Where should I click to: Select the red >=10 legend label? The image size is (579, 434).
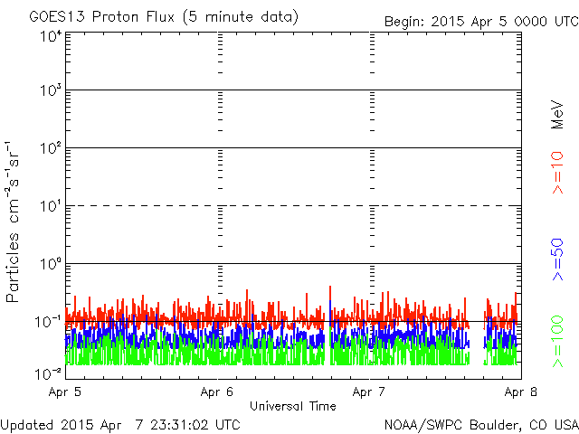click(x=557, y=173)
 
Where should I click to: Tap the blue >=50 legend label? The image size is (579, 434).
click(x=557, y=259)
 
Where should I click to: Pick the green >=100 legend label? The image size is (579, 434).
click(x=557, y=342)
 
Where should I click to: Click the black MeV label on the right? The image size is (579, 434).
click(x=557, y=115)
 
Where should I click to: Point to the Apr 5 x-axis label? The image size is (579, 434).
click(x=64, y=392)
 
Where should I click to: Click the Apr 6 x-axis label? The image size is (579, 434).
click(x=217, y=392)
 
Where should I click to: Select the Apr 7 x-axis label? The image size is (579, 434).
click(x=369, y=392)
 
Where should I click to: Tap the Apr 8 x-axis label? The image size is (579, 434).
click(x=521, y=392)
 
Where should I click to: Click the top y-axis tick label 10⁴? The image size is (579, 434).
click(x=51, y=37)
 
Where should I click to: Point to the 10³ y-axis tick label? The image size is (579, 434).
click(x=51, y=90)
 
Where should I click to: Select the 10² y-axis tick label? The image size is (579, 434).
click(x=51, y=148)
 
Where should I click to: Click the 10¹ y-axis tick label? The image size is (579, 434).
click(x=51, y=206)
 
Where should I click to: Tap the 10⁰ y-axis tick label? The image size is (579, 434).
click(x=51, y=264)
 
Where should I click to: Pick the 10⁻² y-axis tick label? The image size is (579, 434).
click(x=48, y=374)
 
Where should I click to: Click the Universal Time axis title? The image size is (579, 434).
click(x=293, y=406)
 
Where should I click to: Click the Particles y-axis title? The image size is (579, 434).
click(x=12, y=268)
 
